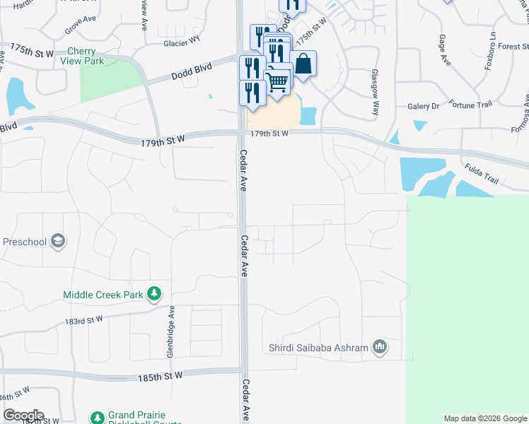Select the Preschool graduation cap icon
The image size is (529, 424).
click(57, 242)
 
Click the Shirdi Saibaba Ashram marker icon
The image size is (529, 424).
click(380, 347)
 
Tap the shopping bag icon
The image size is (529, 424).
click(303, 64)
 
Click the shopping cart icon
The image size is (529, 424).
click(278, 83)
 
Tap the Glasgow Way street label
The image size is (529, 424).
click(376, 93)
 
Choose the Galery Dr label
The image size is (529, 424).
click(424, 106)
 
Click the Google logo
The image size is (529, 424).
click(23, 416)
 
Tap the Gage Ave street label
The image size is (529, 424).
click(445, 50)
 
